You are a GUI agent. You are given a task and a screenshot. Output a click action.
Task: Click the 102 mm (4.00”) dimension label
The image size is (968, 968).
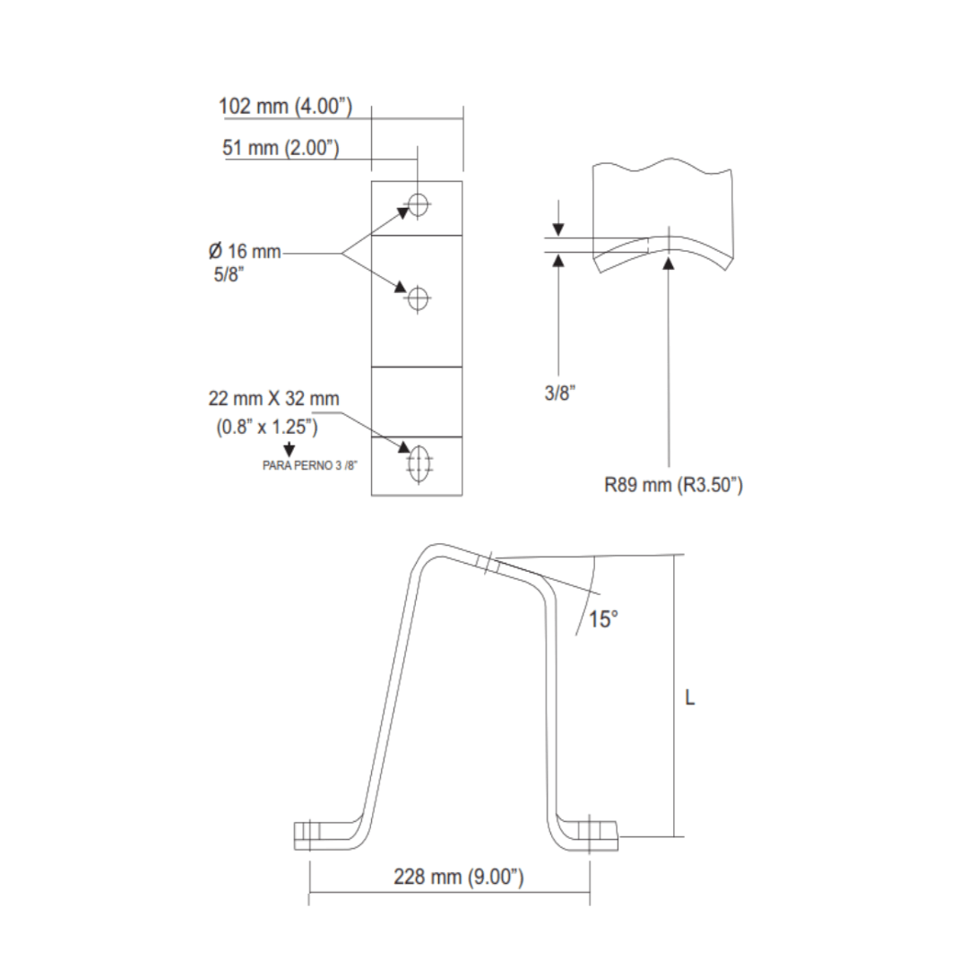(285, 107)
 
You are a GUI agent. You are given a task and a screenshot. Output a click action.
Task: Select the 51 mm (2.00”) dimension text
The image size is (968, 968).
(281, 148)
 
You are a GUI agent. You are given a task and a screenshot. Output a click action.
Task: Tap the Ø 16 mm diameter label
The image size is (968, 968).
(245, 251)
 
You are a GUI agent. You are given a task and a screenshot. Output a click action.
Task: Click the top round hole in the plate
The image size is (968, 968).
(418, 205)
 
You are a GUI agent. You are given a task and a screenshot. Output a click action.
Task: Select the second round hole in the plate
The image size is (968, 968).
(418, 298)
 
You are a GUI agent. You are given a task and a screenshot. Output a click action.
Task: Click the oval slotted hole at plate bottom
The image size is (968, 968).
(419, 462)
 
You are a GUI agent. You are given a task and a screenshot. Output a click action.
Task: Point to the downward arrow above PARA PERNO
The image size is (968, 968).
(289, 447)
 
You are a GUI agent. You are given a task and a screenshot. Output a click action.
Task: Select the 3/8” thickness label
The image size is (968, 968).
(559, 393)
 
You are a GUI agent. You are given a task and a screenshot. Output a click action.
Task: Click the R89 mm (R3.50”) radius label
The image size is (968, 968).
(673, 486)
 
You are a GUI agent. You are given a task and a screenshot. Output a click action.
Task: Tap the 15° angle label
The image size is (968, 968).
(602, 618)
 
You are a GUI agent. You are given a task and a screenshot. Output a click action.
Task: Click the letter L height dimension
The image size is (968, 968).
(689, 697)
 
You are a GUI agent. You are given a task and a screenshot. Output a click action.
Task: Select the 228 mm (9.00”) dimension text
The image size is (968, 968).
(458, 877)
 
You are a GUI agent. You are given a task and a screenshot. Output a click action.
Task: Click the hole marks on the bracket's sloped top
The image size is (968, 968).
(489, 566)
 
